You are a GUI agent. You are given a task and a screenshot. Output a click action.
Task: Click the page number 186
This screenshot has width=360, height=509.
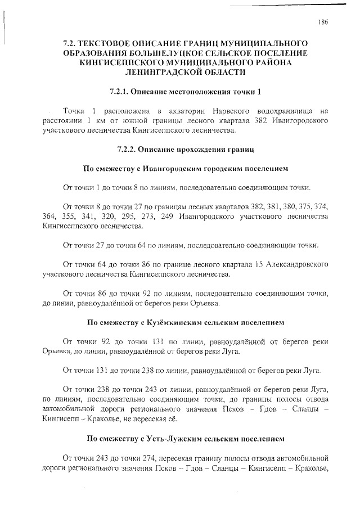tap(322, 22)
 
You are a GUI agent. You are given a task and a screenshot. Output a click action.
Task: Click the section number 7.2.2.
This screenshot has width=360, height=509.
tap(127, 150)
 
